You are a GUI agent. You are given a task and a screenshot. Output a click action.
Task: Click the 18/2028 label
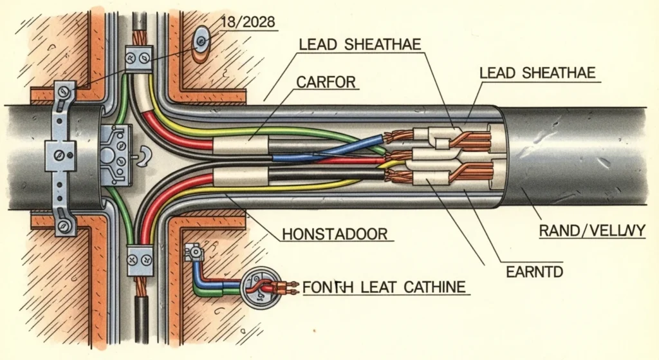pyautogui.click(x=247, y=23)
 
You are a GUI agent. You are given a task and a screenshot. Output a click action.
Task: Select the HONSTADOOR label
pyautogui.click(x=335, y=234)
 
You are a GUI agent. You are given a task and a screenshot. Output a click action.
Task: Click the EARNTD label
pyautogui.click(x=534, y=272)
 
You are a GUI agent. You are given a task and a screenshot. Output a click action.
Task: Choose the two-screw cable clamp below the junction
pyautogui.click(x=140, y=260)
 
